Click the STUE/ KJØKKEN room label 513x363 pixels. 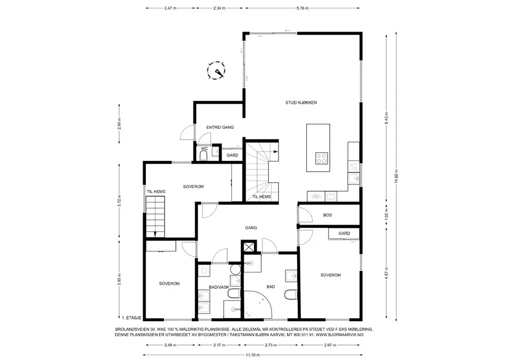point(301,103)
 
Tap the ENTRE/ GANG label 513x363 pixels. point(220,127)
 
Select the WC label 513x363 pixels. point(204,148)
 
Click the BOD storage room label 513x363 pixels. point(328,215)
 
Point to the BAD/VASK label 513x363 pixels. point(219,287)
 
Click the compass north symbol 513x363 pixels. point(216,71)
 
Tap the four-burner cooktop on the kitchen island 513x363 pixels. point(322,158)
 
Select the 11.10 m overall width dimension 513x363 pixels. point(253,355)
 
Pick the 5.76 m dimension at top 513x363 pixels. point(302,8)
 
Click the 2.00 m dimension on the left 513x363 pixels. point(119,123)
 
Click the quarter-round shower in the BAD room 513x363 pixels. point(258,304)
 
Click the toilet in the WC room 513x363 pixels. point(204,156)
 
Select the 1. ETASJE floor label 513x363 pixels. point(131,318)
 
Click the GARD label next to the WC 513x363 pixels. point(232,155)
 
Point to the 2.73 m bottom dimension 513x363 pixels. point(271,345)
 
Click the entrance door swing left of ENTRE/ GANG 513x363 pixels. point(187,133)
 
